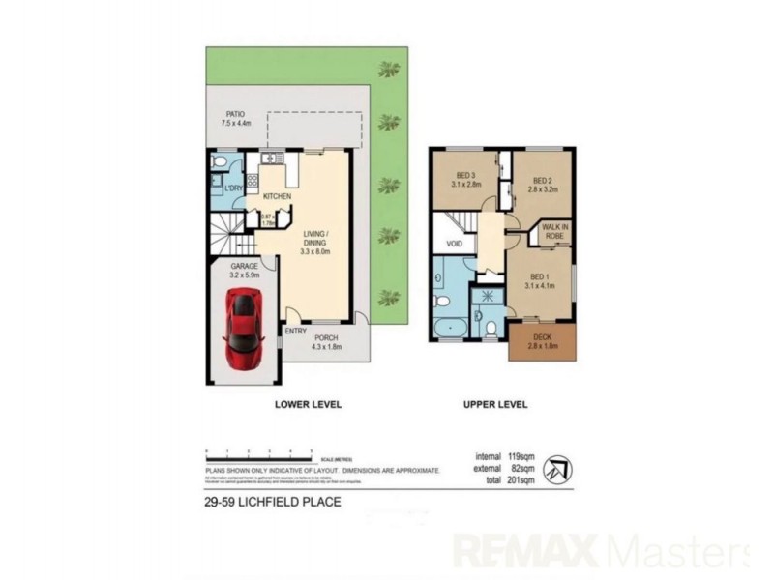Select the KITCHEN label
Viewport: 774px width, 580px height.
[277, 196]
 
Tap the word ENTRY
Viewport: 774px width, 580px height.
[294, 332]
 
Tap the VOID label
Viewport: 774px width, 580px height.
[454, 245]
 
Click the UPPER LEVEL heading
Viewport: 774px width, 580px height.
[494, 404]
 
